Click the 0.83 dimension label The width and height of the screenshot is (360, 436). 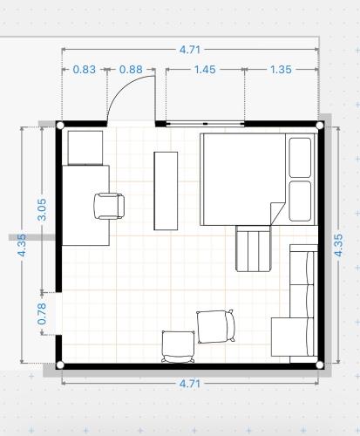pyautogui.click(x=84, y=70)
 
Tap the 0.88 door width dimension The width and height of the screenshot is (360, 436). pyautogui.click(x=131, y=70)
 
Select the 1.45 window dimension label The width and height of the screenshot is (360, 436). pyautogui.click(x=205, y=70)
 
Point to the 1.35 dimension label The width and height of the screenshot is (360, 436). pyautogui.click(x=281, y=70)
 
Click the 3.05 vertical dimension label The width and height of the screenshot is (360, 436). pyautogui.click(x=42, y=210)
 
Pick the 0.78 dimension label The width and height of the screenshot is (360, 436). pyautogui.click(x=42, y=314)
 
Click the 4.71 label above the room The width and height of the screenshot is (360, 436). pyautogui.click(x=190, y=50)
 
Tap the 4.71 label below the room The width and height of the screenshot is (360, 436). pyautogui.click(x=190, y=384)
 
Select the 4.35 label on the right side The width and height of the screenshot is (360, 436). pyautogui.click(x=338, y=245)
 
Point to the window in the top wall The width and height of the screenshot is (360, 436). pyautogui.click(x=205, y=124)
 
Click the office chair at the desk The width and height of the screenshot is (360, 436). pyautogui.click(x=109, y=206)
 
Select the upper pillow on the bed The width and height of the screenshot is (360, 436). pyautogui.click(x=300, y=158)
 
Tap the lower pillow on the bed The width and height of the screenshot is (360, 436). pyautogui.click(x=300, y=201)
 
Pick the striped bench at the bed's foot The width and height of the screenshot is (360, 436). pyautogui.click(x=254, y=249)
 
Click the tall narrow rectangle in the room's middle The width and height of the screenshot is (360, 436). pyautogui.click(x=166, y=191)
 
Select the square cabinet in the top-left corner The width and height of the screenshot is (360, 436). pyautogui.click(x=85, y=147)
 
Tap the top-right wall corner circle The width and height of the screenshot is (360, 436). pyautogui.click(x=319, y=126)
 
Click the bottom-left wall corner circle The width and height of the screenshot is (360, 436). pyautogui.click(x=60, y=364)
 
